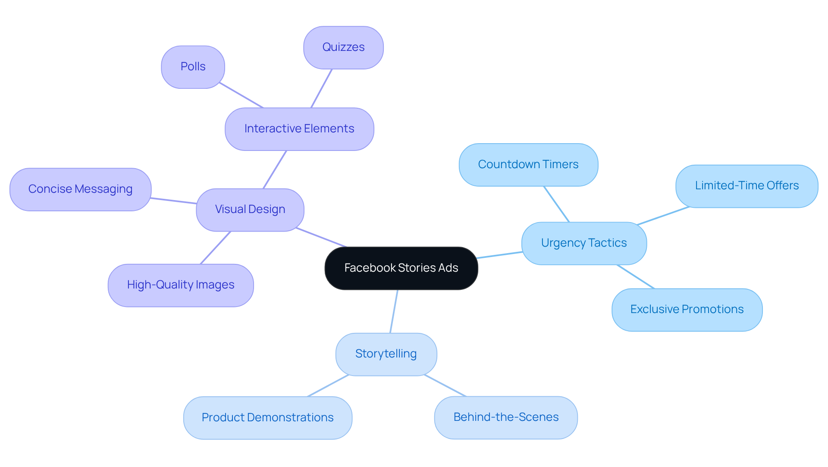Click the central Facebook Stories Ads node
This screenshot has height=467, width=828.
pyautogui.click(x=401, y=268)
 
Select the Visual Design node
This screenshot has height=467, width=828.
pyautogui.click(x=250, y=210)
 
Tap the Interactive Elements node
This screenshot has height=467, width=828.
pyautogui.click(x=299, y=129)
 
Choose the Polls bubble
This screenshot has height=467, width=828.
pyautogui.click(x=193, y=67)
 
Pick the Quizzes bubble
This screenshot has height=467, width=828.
pyautogui.click(x=343, y=47)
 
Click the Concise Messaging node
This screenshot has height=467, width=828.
pyautogui.click(x=80, y=189)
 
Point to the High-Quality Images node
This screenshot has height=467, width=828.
pyautogui.click(x=180, y=285)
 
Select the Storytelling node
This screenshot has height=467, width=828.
pyautogui.click(x=386, y=354)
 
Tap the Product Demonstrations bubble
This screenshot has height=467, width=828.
pyautogui.click(x=267, y=417)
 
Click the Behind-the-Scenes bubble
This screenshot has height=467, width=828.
pyautogui.click(x=505, y=417)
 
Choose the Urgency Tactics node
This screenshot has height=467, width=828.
pyautogui.click(x=583, y=243)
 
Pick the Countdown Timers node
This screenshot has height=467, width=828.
pyautogui.click(x=528, y=165)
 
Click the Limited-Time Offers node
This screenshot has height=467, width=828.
pyautogui.click(x=746, y=186)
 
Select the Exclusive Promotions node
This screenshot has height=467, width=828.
pyautogui.click(x=687, y=310)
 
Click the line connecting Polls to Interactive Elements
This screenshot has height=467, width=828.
pyautogui.click(x=241, y=95)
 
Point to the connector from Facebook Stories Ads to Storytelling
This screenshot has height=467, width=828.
pyautogui.click(x=394, y=311)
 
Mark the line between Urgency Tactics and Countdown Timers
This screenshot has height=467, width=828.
pyautogui.click(x=556, y=204)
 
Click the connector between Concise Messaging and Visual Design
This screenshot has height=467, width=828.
pyautogui.click(x=173, y=201)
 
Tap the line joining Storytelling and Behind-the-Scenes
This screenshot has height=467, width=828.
pyautogui.click(x=445, y=386)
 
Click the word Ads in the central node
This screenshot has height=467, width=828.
pyautogui.click(x=448, y=268)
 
